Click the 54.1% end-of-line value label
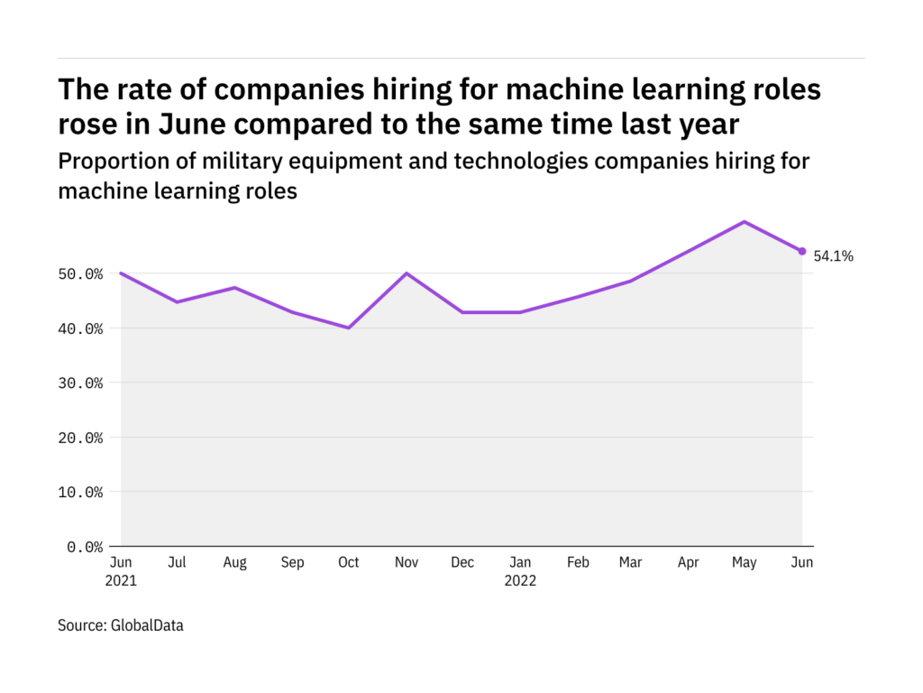pyautogui.click(x=835, y=256)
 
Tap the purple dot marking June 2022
pyautogui.click(x=802, y=252)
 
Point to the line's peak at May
pyautogui.click(x=745, y=221)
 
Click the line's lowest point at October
pyautogui.click(x=349, y=328)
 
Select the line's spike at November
pyautogui.click(x=407, y=273)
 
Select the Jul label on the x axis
pyautogui.click(x=177, y=562)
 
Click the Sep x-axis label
pyautogui.click(x=292, y=562)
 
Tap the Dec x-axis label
pyautogui.click(x=462, y=562)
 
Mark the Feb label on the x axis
pyautogui.click(x=578, y=562)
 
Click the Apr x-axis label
pyautogui.click(x=688, y=562)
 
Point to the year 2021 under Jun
pyautogui.click(x=121, y=581)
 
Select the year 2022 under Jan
pyautogui.click(x=520, y=581)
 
